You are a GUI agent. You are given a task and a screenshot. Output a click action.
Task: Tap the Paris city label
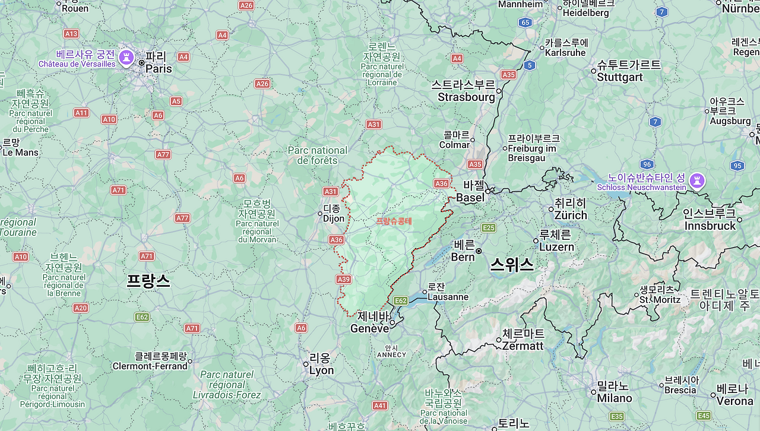[159, 63]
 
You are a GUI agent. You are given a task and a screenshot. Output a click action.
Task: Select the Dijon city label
[333, 214]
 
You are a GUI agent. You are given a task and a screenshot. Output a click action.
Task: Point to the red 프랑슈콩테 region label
[394, 221]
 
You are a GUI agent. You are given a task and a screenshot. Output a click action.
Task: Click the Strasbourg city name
[466, 91]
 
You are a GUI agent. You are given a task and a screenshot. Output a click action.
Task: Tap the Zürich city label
[570, 210]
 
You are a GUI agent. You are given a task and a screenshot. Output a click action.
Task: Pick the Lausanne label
[448, 292]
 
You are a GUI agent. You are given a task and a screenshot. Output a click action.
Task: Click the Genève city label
[370, 323]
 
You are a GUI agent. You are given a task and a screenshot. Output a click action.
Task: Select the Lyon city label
[321, 365]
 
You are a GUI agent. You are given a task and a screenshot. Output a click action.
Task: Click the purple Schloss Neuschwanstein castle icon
[697, 179]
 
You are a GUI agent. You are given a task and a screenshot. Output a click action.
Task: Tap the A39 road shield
[343, 279]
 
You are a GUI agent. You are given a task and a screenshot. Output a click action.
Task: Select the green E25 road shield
[489, 227]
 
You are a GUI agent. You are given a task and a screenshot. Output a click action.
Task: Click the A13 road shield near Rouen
[71, 34]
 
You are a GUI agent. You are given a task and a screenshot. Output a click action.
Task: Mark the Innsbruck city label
[710, 220]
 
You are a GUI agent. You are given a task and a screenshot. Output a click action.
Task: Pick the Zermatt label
[522, 340]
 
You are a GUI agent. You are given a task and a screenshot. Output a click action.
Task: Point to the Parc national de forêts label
[318, 156]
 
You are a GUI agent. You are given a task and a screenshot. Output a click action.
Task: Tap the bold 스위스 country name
[511, 265]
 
